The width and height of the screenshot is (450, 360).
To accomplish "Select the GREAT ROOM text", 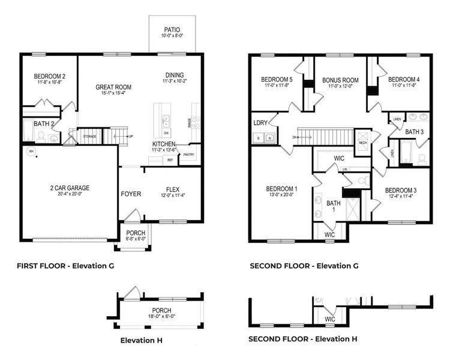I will [x=113, y=87].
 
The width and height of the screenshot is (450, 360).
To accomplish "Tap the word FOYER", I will [x=131, y=194].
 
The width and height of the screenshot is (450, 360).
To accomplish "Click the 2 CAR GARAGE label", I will [x=70, y=188].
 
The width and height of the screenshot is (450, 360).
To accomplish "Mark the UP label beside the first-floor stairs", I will [x=131, y=137].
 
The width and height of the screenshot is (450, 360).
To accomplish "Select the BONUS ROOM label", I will [x=340, y=80].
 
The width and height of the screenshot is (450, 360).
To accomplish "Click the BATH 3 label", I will [x=414, y=131].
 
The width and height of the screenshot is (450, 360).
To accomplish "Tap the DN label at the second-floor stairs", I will [x=295, y=137].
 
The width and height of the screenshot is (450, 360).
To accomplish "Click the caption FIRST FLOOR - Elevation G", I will [x=65, y=265].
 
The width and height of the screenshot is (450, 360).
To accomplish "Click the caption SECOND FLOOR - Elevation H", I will [x=303, y=339].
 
